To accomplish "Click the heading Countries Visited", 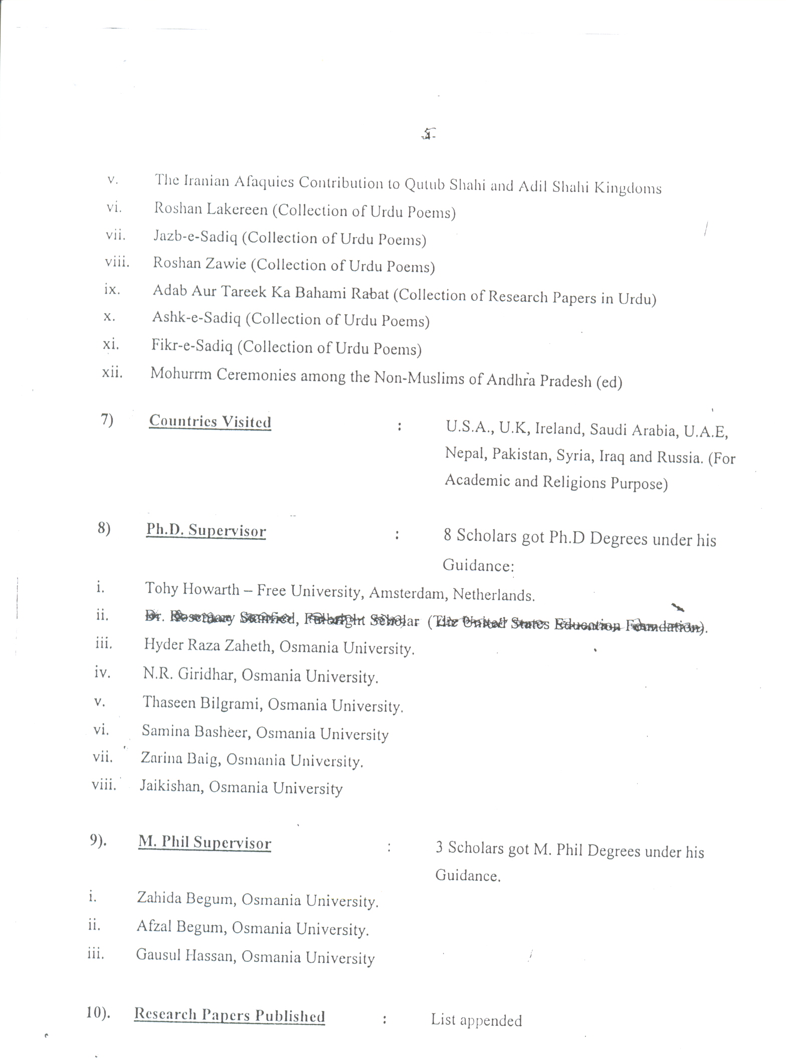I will (x=210, y=421).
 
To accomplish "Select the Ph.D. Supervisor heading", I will (x=206, y=531).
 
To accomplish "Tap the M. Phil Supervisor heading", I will (x=205, y=843).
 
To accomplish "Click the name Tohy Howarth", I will (x=192, y=589).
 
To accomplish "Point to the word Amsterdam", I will (x=407, y=594).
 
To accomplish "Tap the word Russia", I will (x=676, y=457).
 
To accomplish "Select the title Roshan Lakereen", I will (x=211, y=209).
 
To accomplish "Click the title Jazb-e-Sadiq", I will (x=195, y=237).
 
